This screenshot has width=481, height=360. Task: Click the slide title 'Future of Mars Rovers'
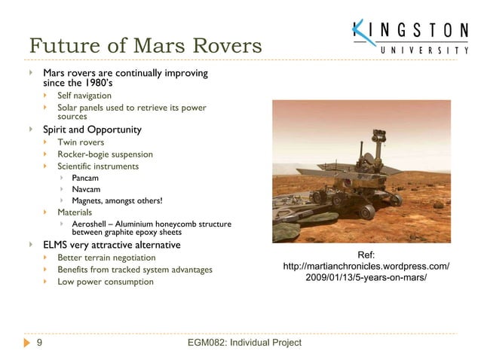(145, 46)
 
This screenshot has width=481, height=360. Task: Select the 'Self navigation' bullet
(84, 96)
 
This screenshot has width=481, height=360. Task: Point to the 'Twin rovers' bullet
(81, 142)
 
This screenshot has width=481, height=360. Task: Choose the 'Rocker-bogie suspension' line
(105, 154)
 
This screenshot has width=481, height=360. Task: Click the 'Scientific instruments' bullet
(98, 166)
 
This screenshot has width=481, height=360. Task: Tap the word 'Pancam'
(85, 178)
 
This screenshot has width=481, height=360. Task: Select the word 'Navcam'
(86, 189)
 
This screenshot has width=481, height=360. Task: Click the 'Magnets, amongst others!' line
(117, 200)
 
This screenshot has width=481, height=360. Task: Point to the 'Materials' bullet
(75, 212)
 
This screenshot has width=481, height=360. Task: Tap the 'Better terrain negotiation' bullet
(106, 258)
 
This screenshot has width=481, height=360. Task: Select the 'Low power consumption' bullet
(106, 282)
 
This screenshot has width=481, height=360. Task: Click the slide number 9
(38, 343)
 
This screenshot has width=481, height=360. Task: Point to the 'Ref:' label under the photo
(366, 255)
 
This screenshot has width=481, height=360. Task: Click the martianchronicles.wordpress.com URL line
(366, 267)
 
